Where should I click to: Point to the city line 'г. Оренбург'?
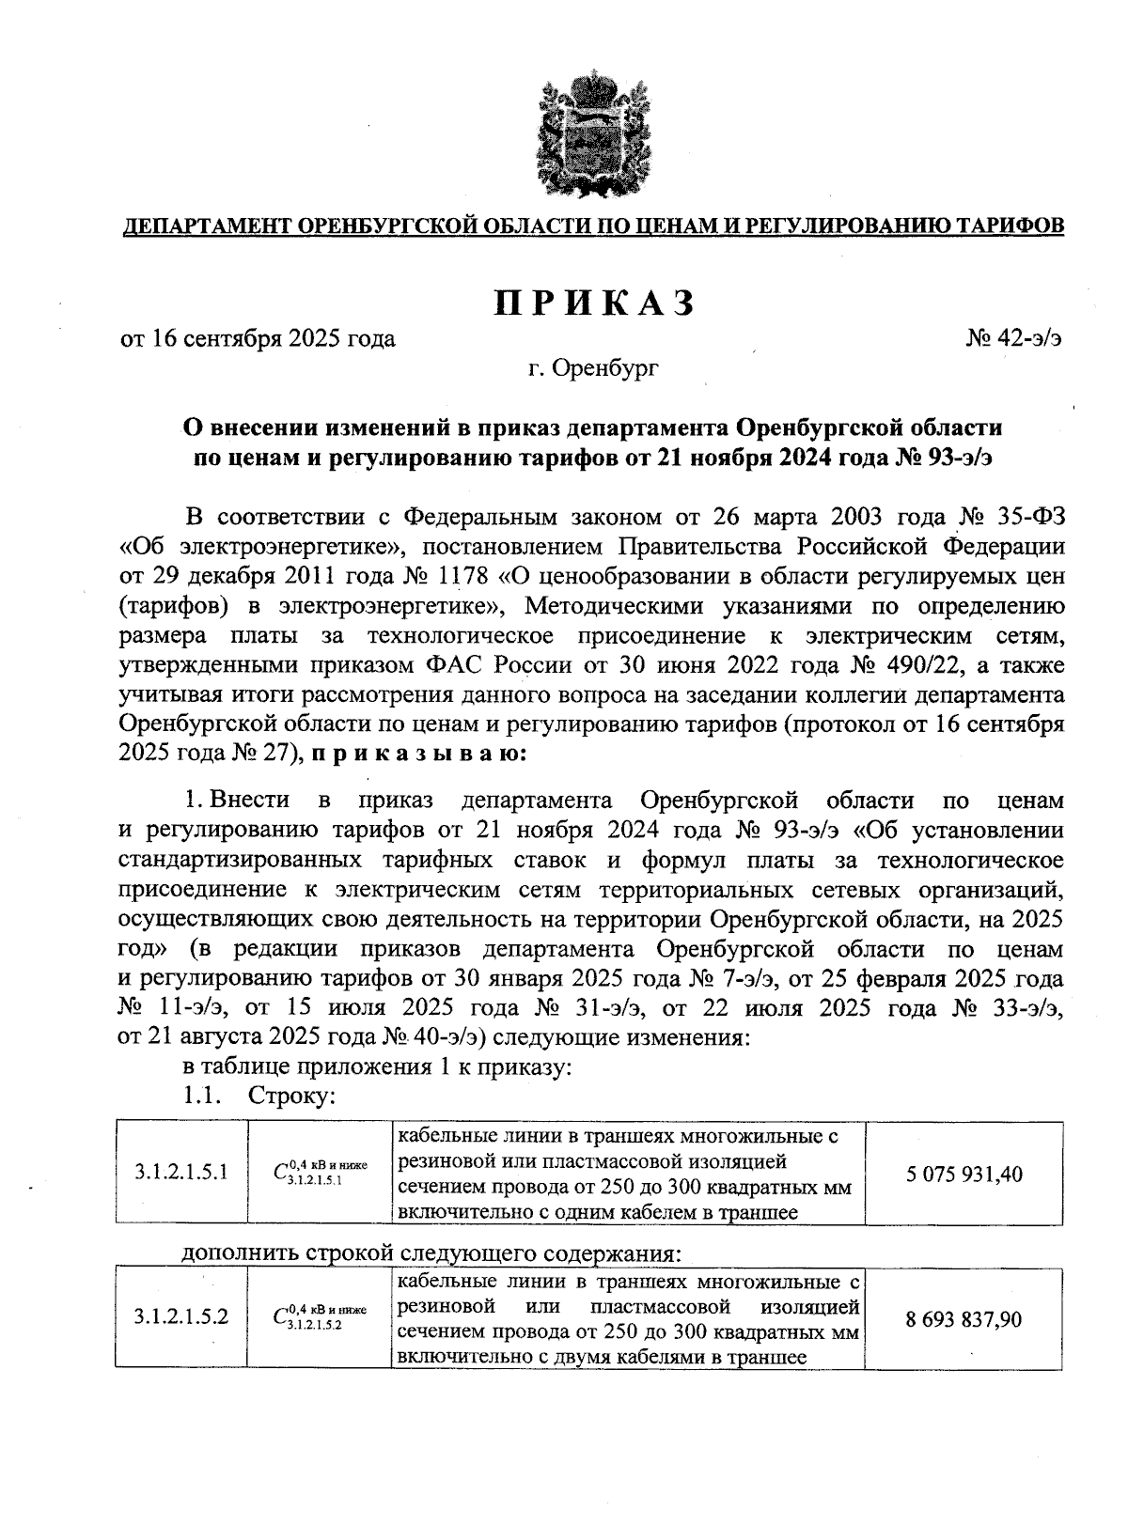point(593,368)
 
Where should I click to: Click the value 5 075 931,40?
point(964,1174)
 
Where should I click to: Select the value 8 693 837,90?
point(964,1319)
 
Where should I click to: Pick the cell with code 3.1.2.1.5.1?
point(181,1174)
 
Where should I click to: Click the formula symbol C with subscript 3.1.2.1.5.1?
point(320,1174)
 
